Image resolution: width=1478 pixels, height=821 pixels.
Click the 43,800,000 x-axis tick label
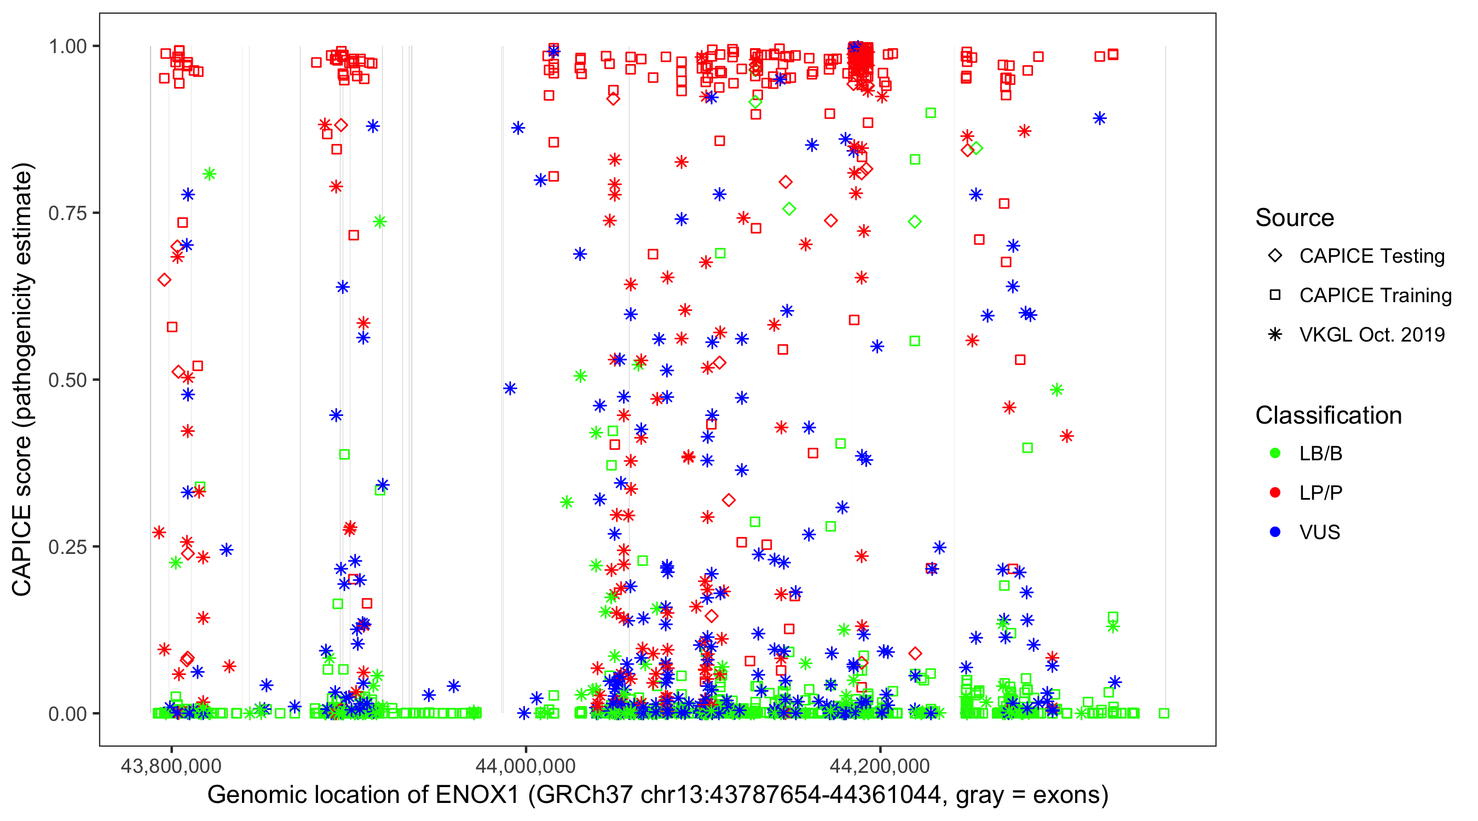coord(171,766)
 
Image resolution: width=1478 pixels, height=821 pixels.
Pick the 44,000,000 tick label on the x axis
coord(526,766)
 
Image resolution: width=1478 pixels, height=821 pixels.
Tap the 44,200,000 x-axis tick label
coord(880,766)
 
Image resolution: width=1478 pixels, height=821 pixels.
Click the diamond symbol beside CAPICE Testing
coord(1275,256)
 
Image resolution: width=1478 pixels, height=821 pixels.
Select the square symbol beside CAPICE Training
coord(1275,296)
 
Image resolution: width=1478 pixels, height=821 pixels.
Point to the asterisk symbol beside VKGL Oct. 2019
coord(1275,334)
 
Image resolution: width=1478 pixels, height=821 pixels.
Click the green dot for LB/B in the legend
coord(1275,453)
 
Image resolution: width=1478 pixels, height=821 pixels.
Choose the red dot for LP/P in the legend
coord(1275,493)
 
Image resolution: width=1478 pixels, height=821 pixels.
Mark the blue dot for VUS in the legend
coord(1275,532)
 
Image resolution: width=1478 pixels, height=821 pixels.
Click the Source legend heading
coord(1295,218)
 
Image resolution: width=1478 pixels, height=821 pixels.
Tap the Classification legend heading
coord(1328,415)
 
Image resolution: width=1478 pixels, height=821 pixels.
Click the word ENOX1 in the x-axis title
coord(477,795)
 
